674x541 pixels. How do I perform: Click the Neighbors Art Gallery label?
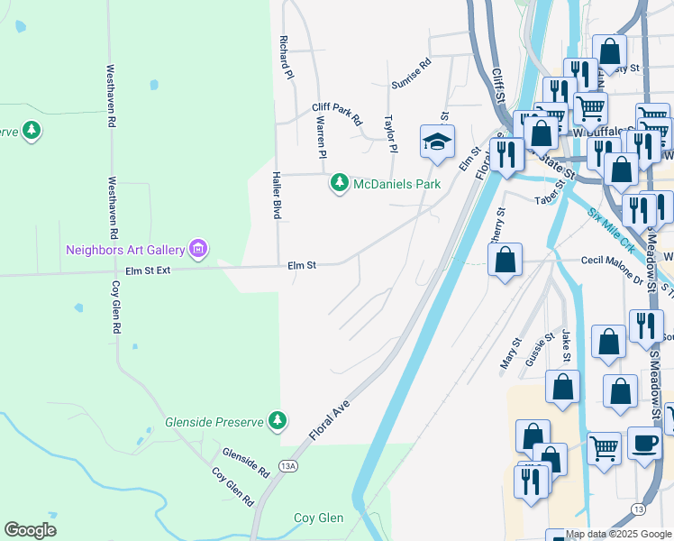[124, 248]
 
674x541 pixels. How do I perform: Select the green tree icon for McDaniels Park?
[340, 184]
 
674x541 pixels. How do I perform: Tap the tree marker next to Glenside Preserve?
[278, 420]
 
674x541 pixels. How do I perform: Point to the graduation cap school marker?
[437, 142]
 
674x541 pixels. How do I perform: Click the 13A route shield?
[287, 466]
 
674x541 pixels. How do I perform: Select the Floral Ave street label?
[329, 421]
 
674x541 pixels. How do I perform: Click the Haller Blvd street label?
[277, 197]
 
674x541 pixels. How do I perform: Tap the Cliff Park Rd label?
[337, 113]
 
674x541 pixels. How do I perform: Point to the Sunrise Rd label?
[412, 75]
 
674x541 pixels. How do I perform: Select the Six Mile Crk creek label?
[613, 228]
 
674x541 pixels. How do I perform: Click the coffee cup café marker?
[643, 443]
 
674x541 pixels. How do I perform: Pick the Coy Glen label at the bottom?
[319, 518]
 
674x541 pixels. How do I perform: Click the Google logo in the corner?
[31, 530]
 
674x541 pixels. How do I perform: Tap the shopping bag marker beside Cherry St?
[505, 261]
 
